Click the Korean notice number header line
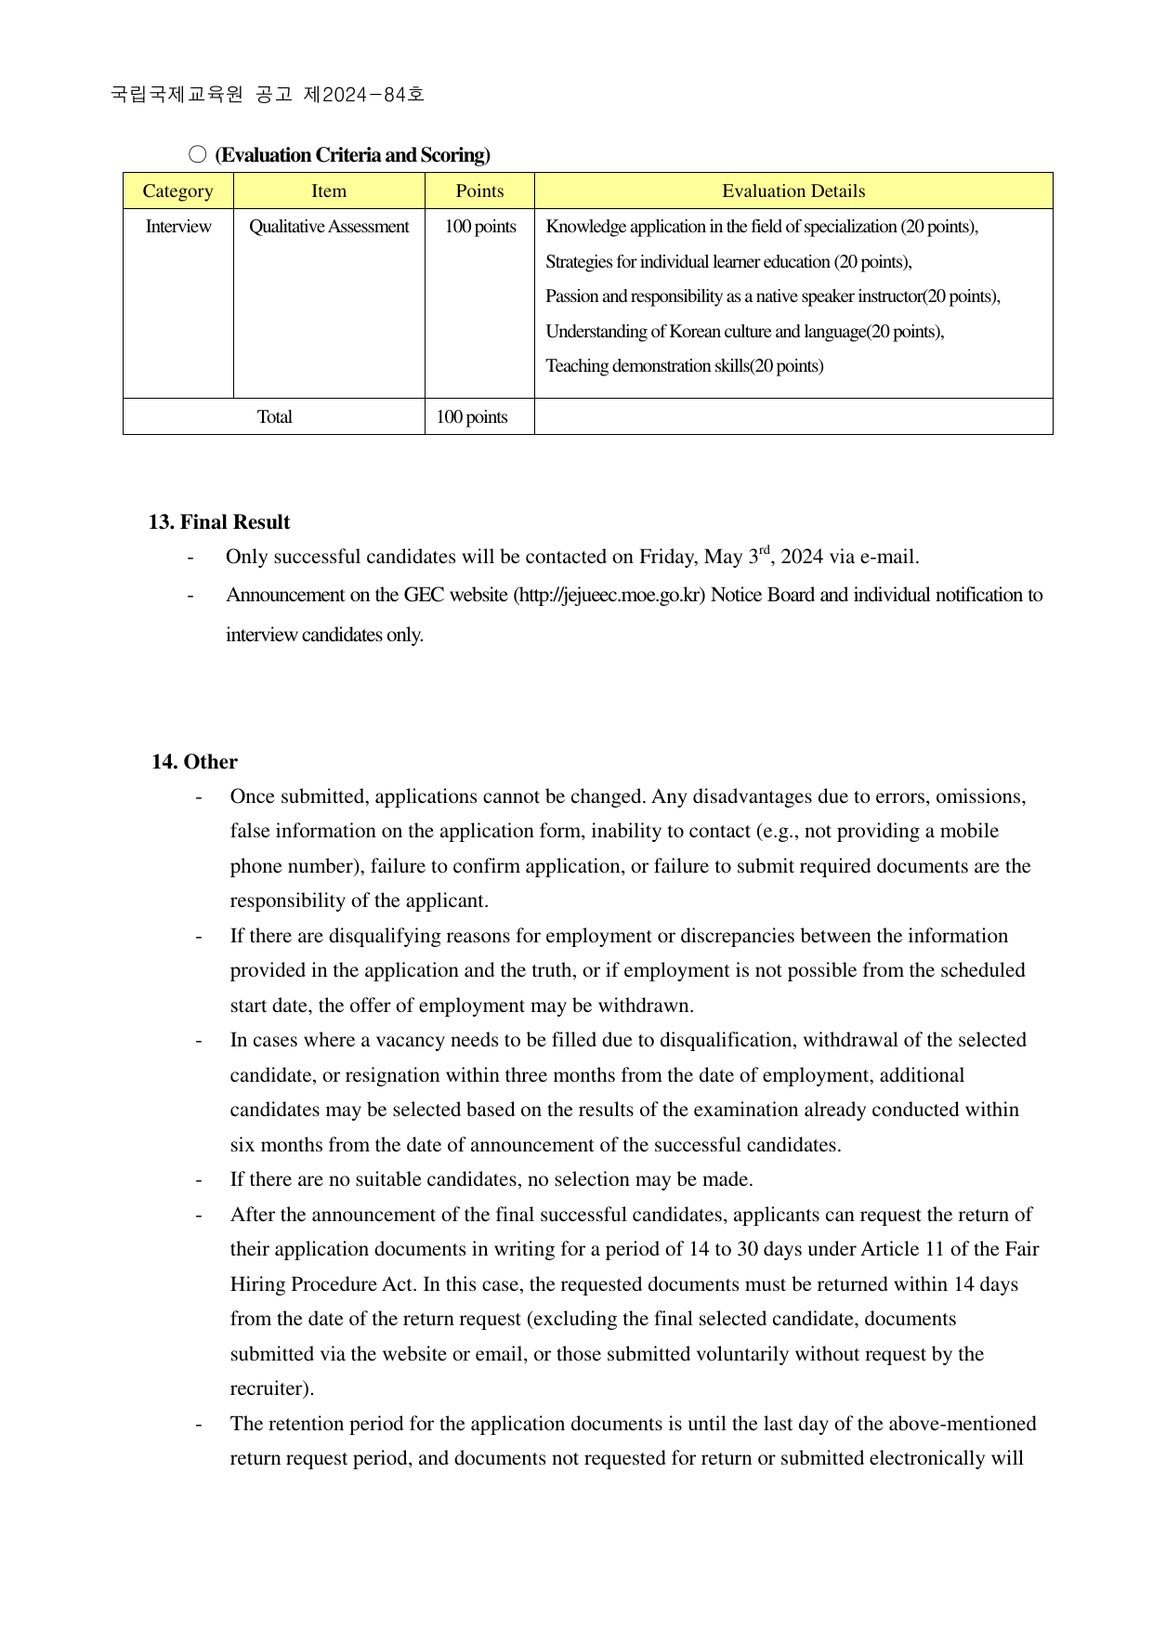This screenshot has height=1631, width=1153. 268,94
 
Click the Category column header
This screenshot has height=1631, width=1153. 177,191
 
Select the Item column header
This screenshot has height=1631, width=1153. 329,191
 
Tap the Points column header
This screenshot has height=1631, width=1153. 479,191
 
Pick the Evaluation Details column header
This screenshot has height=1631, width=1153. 793,191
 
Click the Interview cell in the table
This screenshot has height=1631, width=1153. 177,227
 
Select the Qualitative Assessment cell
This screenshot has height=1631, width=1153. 329,227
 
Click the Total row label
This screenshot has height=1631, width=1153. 274,417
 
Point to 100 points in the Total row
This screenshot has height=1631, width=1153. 472,417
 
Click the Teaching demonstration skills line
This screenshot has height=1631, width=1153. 684,366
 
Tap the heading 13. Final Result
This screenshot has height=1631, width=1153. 219,522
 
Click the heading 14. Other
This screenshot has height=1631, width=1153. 195,762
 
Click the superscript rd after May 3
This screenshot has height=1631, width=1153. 765,550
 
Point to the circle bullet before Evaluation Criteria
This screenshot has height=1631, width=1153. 197,155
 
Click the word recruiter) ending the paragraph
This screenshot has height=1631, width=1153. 271,1389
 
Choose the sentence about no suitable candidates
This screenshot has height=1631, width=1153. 491,1180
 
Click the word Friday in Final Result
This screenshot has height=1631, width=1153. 668,558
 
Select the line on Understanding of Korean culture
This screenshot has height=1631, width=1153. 744,332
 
